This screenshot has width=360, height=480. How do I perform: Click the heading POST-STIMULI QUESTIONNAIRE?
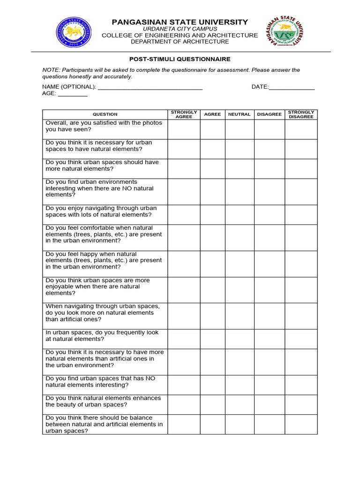coord(180,59)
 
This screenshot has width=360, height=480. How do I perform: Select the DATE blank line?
coord(292,88)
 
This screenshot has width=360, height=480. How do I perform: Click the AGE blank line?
coord(73,94)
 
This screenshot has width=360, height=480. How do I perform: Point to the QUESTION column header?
coord(105,114)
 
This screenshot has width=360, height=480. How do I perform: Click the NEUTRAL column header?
coord(240,114)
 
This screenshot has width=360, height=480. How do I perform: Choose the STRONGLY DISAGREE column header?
coord(301,114)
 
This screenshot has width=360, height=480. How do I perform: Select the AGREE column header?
coord(212,114)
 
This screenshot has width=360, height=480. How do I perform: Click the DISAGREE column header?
coord(270,114)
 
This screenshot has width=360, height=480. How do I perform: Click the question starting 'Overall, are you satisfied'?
coord(104,126)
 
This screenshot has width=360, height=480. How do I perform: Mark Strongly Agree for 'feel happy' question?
coord(184,263)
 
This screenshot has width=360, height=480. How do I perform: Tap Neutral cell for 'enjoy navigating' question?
coord(240,215)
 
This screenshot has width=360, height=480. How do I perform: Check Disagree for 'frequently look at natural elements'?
coord(270,338)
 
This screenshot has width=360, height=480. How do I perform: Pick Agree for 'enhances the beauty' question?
coord(212,404)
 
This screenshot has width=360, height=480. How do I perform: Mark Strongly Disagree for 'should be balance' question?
coord(301,424)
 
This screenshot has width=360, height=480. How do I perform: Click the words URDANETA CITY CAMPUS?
coord(180,29)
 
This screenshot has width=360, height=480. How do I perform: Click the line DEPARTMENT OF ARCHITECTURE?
coord(180,42)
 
